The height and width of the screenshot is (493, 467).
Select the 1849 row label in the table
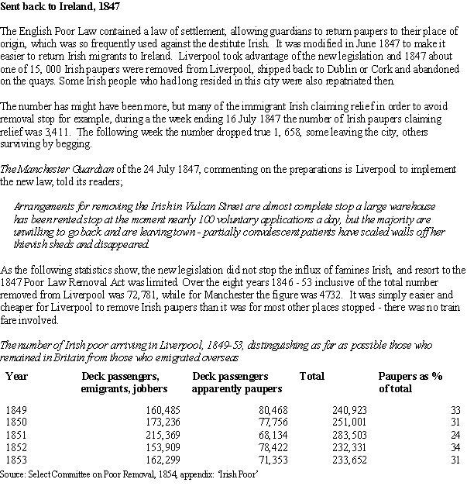[x=15, y=409]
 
